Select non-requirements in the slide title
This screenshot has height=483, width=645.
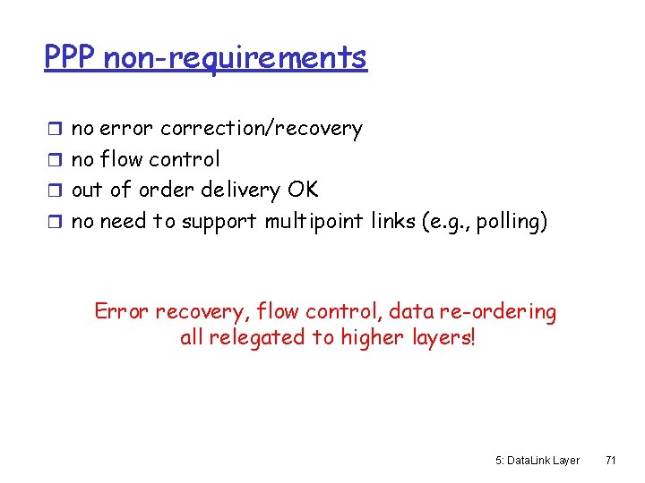point(235,57)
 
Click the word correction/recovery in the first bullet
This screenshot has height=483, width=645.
point(262,129)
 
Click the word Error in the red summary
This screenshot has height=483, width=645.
point(122,312)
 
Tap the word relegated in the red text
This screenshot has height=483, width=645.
point(255,339)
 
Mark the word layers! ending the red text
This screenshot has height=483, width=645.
point(441,339)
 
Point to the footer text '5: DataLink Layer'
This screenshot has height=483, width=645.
point(537,461)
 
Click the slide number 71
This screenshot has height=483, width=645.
point(610,461)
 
